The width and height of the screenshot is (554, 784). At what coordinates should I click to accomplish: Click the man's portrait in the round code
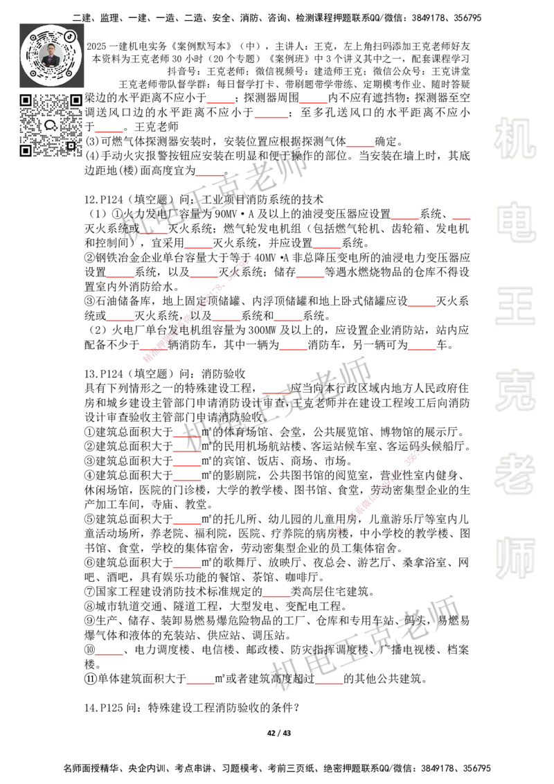(x=52, y=55)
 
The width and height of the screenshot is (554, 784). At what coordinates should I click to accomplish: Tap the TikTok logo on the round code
(x=70, y=35)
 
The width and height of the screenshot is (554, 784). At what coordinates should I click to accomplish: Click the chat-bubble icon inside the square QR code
(x=51, y=125)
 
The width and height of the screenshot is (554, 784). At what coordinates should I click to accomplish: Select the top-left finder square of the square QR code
(x=26, y=100)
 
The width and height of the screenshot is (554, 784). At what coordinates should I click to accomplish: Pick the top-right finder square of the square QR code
(x=75, y=100)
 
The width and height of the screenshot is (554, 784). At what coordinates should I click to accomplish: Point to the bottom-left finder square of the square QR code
(x=26, y=150)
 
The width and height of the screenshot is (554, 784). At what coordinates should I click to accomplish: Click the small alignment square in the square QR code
(x=70, y=145)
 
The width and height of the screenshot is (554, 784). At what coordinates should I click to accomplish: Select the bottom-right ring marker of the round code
(x=69, y=72)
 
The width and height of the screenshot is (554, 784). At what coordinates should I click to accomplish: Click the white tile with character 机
(x=515, y=139)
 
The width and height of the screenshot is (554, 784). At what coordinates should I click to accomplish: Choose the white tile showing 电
(x=517, y=222)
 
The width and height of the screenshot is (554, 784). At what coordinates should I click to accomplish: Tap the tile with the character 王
(x=515, y=307)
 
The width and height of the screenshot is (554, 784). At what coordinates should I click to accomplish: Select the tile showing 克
(x=515, y=390)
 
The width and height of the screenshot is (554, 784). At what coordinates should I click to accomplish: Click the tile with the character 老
(x=515, y=474)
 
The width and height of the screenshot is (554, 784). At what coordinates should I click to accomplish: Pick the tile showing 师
(x=515, y=559)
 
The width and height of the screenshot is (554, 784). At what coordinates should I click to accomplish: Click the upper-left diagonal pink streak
(x=196, y=311)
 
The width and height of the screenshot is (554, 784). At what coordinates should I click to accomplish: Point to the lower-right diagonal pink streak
(x=380, y=489)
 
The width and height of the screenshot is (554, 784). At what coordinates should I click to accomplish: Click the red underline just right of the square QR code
(x=109, y=130)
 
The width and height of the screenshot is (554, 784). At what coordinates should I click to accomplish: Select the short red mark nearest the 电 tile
(x=460, y=219)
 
